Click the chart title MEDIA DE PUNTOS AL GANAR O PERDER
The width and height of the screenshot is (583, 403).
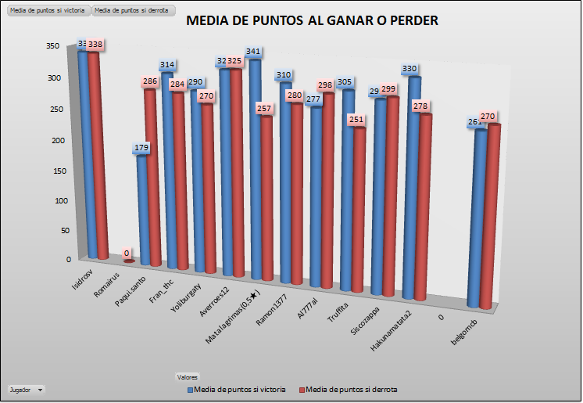pos(312,20)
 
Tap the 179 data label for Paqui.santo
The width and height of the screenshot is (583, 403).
pos(141,147)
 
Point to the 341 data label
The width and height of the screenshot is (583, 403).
pos(253,52)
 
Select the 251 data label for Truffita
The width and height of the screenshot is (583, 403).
pos(358,120)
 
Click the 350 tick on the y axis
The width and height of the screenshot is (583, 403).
pos(52,46)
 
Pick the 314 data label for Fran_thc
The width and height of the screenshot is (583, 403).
pos(167,65)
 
